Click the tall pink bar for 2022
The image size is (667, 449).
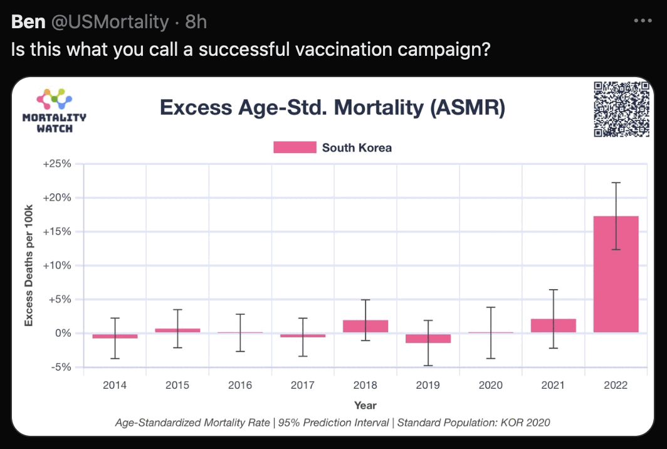point(616,274)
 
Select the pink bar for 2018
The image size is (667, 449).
point(365,326)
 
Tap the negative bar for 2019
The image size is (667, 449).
point(428,338)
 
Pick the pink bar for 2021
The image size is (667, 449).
point(553,325)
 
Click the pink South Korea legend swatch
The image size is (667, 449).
point(295,147)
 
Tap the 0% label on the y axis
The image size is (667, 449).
point(61,333)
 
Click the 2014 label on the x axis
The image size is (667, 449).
point(115,385)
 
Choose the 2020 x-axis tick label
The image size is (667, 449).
point(490,385)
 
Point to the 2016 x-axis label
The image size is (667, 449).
point(240,385)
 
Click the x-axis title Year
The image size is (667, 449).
point(365,405)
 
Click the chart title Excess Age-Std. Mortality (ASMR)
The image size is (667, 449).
point(332,107)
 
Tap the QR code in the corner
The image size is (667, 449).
point(621,109)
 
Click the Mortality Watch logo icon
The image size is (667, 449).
point(54,99)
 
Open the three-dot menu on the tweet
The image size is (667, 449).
point(643,21)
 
